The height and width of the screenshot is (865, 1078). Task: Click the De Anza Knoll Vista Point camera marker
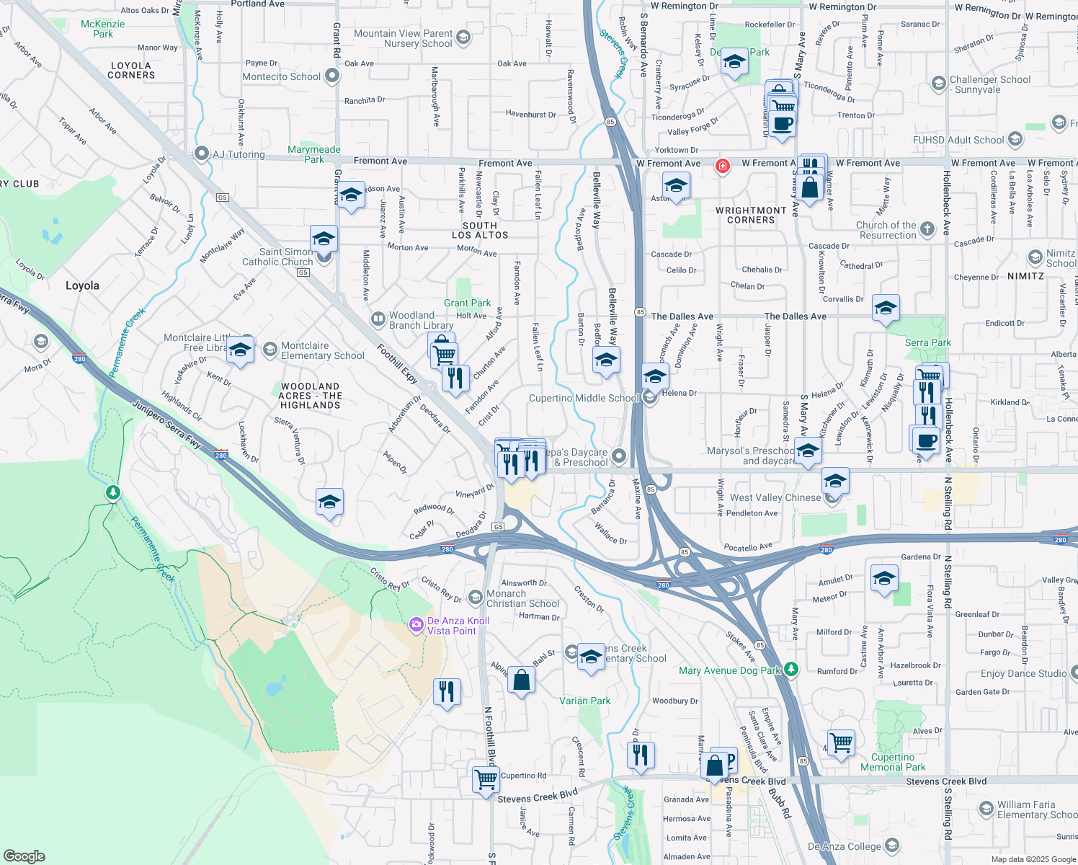416,625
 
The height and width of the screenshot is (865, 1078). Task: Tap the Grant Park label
467,303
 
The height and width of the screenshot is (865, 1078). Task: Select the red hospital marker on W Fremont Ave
722,167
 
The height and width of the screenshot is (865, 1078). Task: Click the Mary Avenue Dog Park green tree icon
791,670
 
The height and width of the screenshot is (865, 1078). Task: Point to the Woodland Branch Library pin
378,319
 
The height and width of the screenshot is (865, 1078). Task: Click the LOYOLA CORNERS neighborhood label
131,70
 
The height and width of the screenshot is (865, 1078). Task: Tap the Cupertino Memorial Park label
893,762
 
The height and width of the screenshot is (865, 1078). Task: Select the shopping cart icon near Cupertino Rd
486,778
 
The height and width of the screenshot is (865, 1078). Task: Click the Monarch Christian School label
522,598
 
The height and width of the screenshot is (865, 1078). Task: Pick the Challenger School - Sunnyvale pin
938,84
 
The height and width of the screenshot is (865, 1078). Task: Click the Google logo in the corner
24,856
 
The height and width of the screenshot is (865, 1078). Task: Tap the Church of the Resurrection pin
927,229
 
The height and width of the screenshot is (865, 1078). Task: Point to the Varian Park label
584,701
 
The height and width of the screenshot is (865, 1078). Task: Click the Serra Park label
927,342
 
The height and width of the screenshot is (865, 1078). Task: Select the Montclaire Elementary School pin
269,350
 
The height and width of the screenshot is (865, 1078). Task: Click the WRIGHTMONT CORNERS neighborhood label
751,215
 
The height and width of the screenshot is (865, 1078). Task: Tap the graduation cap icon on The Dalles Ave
885,308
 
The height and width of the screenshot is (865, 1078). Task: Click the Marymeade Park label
314,154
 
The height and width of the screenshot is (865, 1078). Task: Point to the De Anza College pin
892,845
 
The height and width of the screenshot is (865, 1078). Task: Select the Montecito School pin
331,75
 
